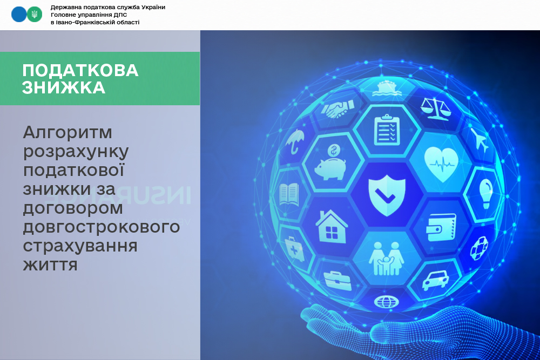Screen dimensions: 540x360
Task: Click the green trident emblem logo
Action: click(35, 15)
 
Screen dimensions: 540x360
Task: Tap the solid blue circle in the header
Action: click(19, 15)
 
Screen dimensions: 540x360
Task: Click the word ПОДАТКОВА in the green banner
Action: click(80, 71)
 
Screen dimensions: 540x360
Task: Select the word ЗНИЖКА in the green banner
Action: click(64, 88)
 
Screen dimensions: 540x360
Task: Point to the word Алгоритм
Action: click(67, 133)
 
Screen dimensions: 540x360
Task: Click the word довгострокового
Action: click(102, 227)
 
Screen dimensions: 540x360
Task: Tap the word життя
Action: click(50, 264)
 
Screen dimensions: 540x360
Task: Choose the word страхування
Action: click(80, 246)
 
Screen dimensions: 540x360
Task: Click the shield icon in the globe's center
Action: click(387, 195)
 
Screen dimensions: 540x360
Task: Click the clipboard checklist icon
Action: click(387, 130)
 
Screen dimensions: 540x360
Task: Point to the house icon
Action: click(332, 227)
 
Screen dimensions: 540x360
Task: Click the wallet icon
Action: click(441, 227)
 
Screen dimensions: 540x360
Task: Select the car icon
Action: click(435, 280)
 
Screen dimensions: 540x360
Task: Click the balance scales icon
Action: click(435, 108)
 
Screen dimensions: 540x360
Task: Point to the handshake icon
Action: click(338, 109)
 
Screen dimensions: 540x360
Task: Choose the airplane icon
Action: click(480, 140)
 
